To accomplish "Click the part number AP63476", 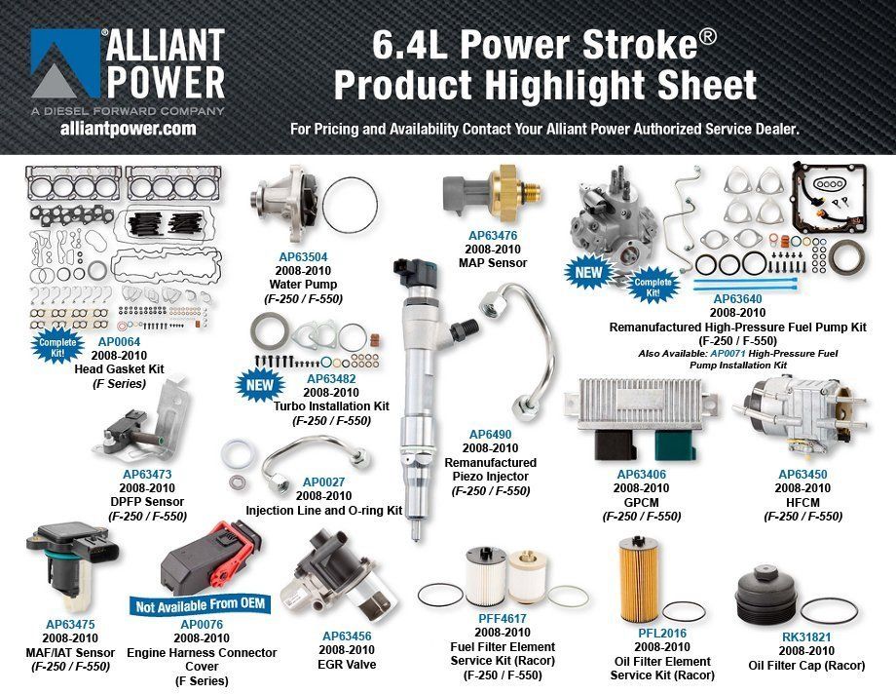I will click(x=492, y=235).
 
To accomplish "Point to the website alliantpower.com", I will click(x=128, y=128).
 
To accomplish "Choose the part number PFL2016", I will click(x=661, y=633).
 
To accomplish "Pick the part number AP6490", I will click(x=490, y=434).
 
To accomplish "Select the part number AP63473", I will click(x=147, y=474).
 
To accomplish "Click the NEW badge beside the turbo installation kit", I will click(x=255, y=386).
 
